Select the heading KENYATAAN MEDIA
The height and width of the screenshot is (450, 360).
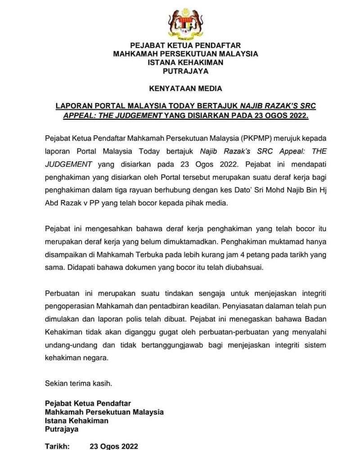coord(185,88)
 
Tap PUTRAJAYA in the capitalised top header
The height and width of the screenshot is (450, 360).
coord(185,71)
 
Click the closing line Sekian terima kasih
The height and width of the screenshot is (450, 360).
coord(78,384)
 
